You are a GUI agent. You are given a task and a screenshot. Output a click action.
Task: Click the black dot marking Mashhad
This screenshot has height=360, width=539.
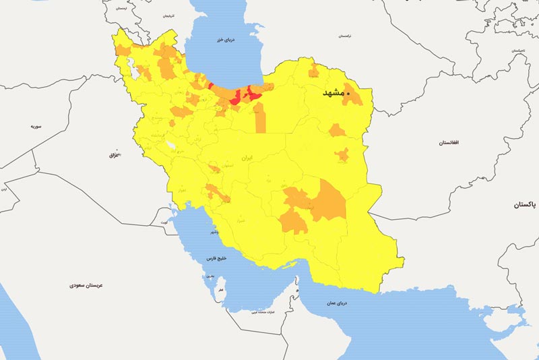348,94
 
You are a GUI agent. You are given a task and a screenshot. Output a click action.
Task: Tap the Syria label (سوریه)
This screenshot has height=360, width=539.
36,126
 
